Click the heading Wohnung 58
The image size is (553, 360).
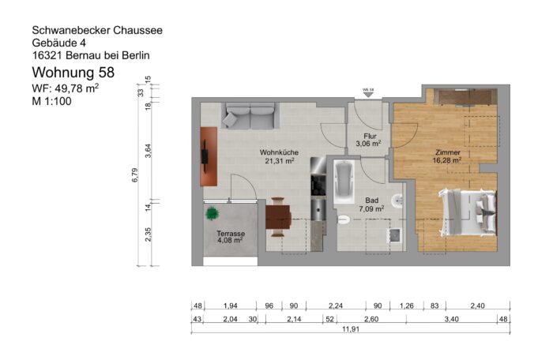pyautogui.click(x=72, y=73)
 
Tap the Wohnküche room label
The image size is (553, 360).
pyautogui.click(x=279, y=156)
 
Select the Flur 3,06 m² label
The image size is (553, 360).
pyautogui.click(x=368, y=140)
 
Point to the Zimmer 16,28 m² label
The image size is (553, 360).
pyautogui.click(x=447, y=156)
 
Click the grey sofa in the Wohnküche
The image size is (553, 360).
pyautogui.click(x=247, y=117)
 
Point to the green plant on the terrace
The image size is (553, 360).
pyautogui.click(x=212, y=213)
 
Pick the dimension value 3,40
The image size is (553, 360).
pyautogui.click(x=450, y=319)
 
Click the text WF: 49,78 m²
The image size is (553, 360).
pyautogui.click(x=65, y=88)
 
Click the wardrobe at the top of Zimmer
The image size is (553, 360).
pyautogui.click(x=466, y=97)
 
